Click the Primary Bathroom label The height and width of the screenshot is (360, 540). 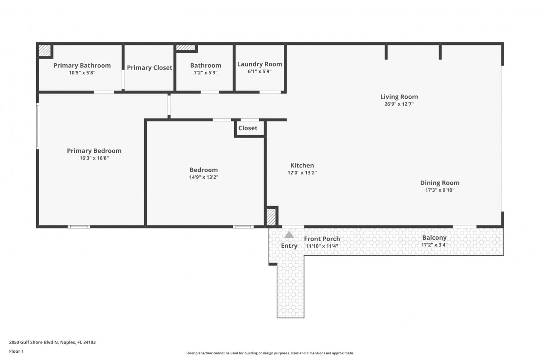pyautogui.click(x=82, y=65)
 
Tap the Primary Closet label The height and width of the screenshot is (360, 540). pyautogui.click(x=149, y=68)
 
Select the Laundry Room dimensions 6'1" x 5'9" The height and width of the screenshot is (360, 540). pyautogui.click(x=260, y=71)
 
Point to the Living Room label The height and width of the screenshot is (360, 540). pyautogui.click(x=399, y=97)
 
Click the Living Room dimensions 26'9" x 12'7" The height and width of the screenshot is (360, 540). pyautogui.click(x=399, y=104)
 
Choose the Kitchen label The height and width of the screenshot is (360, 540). pyautogui.click(x=302, y=165)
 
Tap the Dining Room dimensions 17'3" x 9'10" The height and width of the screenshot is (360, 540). pyautogui.click(x=440, y=190)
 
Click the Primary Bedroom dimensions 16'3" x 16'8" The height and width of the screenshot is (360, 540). pyautogui.click(x=94, y=158)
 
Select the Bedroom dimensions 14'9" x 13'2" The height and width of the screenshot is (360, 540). pyautogui.click(x=204, y=177)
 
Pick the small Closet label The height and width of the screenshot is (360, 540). pyautogui.click(x=248, y=128)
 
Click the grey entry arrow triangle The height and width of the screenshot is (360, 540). pyautogui.click(x=289, y=235)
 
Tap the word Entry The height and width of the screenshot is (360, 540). pyautogui.click(x=289, y=246)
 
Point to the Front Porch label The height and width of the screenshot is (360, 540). pyautogui.click(x=322, y=239)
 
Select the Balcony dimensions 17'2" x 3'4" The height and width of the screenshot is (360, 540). pyautogui.click(x=434, y=245)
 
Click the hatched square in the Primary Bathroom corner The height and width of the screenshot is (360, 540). pyautogui.click(x=45, y=51)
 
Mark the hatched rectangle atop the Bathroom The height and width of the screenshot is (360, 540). pyautogui.click(x=185, y=48)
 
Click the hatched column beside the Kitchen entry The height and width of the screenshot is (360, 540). pyautogui.click(x=271, y=217)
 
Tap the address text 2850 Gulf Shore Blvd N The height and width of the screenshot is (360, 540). pyautogui.click(x=34, y=342)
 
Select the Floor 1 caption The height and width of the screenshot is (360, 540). pyautogui.click(x=16, y=351)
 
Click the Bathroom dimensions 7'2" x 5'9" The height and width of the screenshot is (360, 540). pyautogui.click(x=206, y=73)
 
